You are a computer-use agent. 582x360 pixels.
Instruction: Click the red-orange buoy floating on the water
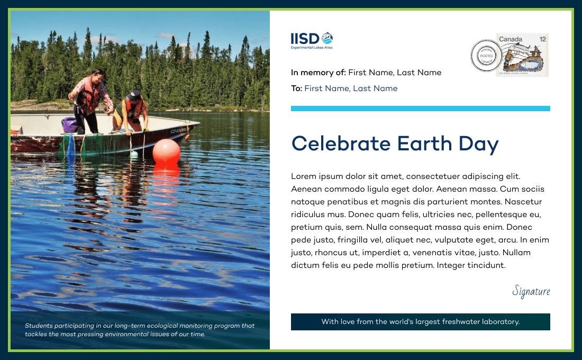click(x=166, y=151)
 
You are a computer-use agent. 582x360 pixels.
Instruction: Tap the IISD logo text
click(x=305, y=39)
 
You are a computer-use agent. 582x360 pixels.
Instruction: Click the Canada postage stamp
click(x=523, y=55)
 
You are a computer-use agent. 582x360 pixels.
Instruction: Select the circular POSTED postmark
click(x=486, y=56)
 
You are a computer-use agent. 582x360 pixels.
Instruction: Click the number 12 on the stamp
click(x=543, y=39)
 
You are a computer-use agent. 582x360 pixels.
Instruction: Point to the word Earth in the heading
click(x=424, y=143)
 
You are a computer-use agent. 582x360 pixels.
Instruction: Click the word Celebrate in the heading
click(x=341, y=143)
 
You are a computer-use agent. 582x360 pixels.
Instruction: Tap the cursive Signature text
click(x=531, y=291)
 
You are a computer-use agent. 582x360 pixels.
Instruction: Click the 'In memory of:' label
click(x=319, y=73)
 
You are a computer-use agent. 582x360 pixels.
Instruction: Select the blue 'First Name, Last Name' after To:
click(x=351, y=88)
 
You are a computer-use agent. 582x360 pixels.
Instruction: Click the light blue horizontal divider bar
click(x=421, y=109)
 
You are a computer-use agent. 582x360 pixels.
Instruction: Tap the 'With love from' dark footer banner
click(x=421, y=322)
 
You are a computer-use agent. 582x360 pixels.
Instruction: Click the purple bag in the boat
click(x=69, y=124)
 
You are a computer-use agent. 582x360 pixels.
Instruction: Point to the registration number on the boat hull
click(x=178, y=130)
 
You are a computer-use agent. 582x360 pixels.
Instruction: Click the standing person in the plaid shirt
click(x=90, y=101)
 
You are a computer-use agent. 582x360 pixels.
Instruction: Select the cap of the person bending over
click(x=134, y=95)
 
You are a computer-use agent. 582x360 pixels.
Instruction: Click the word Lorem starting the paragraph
click(x=304, y=176)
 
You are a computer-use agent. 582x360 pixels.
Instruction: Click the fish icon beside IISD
click(x=327, y=38)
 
